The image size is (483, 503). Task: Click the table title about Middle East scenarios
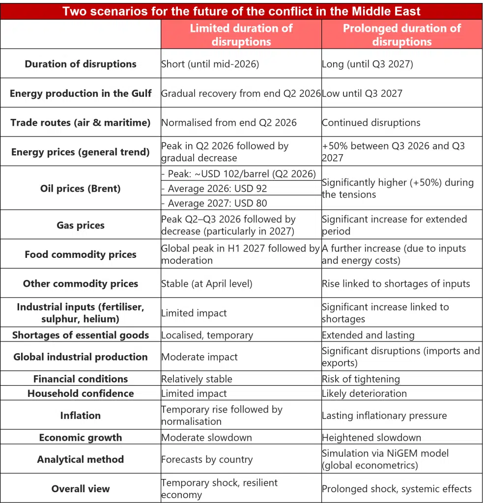click(x=241, y=11)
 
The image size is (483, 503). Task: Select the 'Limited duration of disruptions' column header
click(x=241, y=35)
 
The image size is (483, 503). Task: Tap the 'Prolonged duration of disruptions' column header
click(x=402, y=35)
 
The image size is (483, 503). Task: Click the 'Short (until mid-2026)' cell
click(x=210, y=64)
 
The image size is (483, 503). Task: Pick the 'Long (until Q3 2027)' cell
click(x=368, y=64)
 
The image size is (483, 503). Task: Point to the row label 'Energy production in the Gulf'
click(x=81, y=93)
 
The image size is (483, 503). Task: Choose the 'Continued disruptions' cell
click(x=371, y=122)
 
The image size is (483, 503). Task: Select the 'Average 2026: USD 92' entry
click(x=214, y=188)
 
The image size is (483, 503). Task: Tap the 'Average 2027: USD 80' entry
click(x=214, y=203)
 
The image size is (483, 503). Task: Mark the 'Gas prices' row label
click(x=81, y=225)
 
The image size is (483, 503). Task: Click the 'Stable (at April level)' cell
click(x=207, y=283)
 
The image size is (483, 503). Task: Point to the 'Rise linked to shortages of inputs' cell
click(x=396, y=283)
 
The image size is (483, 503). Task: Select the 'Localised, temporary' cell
click(x=207, y=335)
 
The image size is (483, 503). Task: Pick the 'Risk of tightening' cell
click(x=361, y=379)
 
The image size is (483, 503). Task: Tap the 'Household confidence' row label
click(x=81, y=393)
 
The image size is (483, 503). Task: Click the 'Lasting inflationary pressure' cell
click(x=384, y=416)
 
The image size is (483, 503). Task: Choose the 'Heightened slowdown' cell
click(x=371, y=438)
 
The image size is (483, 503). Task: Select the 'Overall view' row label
click(x=81, y=489)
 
